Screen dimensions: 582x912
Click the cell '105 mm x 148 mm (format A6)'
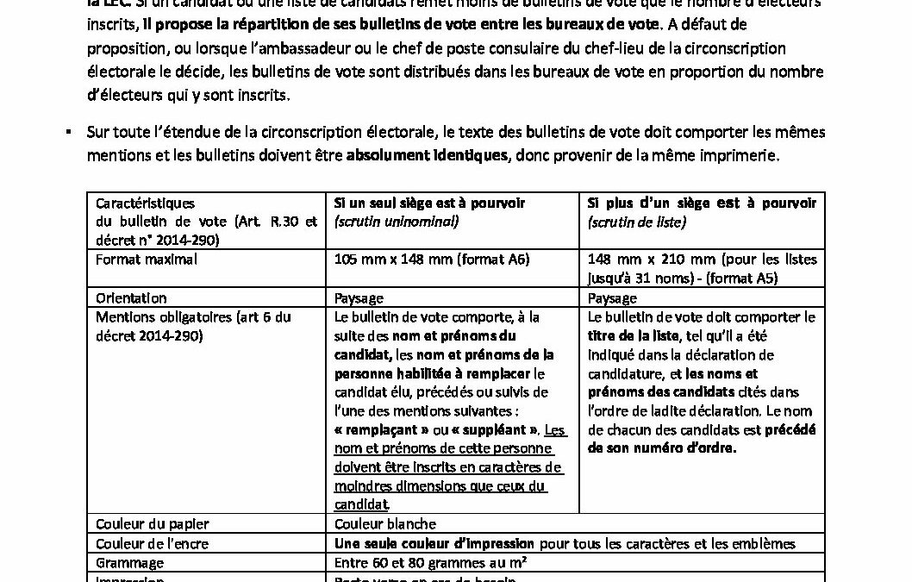tap(432, 260)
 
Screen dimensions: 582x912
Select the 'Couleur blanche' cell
tap(384, 524)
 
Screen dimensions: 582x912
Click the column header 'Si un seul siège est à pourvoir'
tap(429, 203)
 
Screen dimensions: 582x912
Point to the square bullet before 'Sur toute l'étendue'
tap(66, 134)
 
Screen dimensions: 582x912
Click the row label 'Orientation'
tap(132, 298)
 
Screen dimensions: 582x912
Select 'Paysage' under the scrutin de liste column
tap(612, 298)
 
